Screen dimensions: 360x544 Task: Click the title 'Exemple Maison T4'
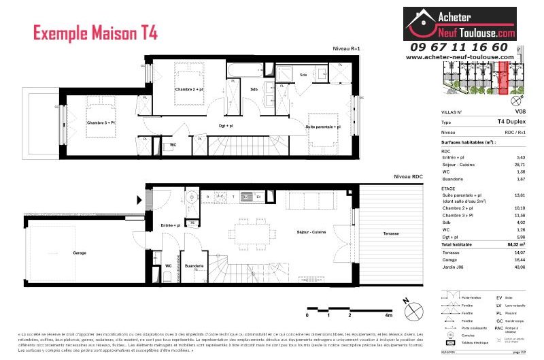coord(95,32)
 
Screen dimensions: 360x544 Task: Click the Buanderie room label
coord(194,265)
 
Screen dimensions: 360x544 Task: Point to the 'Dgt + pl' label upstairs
coord(225,125)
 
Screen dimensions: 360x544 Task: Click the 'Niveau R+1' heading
coord(345,49)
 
